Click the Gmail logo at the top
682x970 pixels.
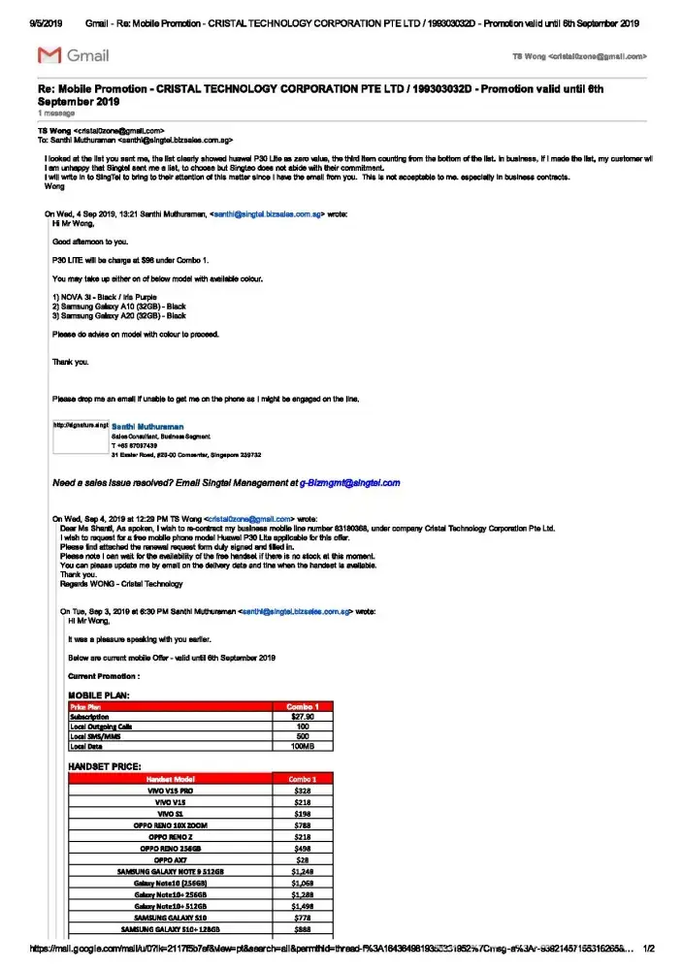coord(61,56)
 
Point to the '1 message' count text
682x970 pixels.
coord(55,113)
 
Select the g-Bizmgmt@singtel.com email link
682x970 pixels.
coord(349,482)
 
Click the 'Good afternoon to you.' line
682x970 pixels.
coord(90,241)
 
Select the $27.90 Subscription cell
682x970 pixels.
coord(303,717)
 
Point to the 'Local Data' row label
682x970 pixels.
coord(88,746)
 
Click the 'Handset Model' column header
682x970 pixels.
coord(171,778)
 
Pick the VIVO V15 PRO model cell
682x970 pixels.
coord(171,791)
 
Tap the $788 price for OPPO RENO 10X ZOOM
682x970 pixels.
coord(302,825)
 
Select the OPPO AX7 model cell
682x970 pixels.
coord(171,859)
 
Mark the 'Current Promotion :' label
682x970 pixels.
coord(104,675)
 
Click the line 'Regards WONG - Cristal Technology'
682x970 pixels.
coord(121,584)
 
